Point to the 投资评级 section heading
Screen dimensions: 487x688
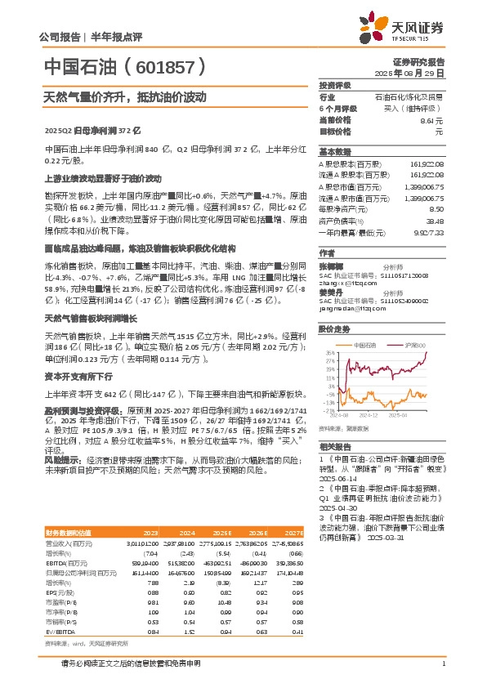[335, 85]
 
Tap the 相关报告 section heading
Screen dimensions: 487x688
[335, 446]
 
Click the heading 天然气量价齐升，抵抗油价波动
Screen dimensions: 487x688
[124, 96]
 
